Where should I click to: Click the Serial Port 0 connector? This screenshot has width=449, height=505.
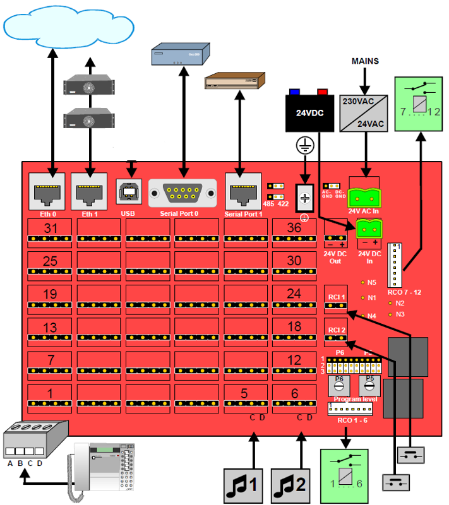click(x=183, y=192)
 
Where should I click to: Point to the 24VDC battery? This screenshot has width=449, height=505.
click(x=309, y=112)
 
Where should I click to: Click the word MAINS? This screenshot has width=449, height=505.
click(x=365, y=61)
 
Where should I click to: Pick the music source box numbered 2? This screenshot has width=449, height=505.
click(x=292, y=486)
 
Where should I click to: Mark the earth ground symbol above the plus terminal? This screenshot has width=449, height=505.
click(x=305, y=147)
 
